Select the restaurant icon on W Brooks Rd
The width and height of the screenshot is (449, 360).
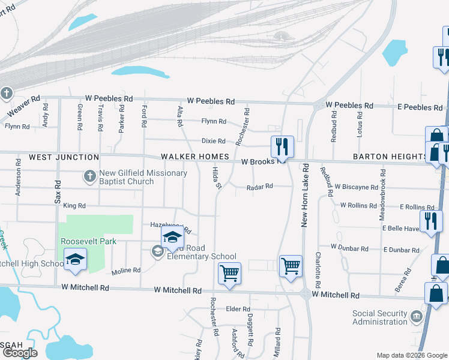[282, 146]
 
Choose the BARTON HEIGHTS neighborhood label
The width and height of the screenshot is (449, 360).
[390, 157]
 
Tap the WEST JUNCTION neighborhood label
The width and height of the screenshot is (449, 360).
[64, 157]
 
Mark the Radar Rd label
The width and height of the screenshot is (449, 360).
[260, 187]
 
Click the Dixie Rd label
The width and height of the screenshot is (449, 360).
[213, 142]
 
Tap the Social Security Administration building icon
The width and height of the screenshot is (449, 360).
[416, 315]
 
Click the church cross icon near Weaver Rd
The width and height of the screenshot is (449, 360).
[6, 94]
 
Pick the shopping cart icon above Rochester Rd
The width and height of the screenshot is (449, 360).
[229, 273]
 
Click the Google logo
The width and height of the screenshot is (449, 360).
[20, 353]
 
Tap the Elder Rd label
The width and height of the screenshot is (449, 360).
[234, 309]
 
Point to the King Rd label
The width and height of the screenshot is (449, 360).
[74, 206]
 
